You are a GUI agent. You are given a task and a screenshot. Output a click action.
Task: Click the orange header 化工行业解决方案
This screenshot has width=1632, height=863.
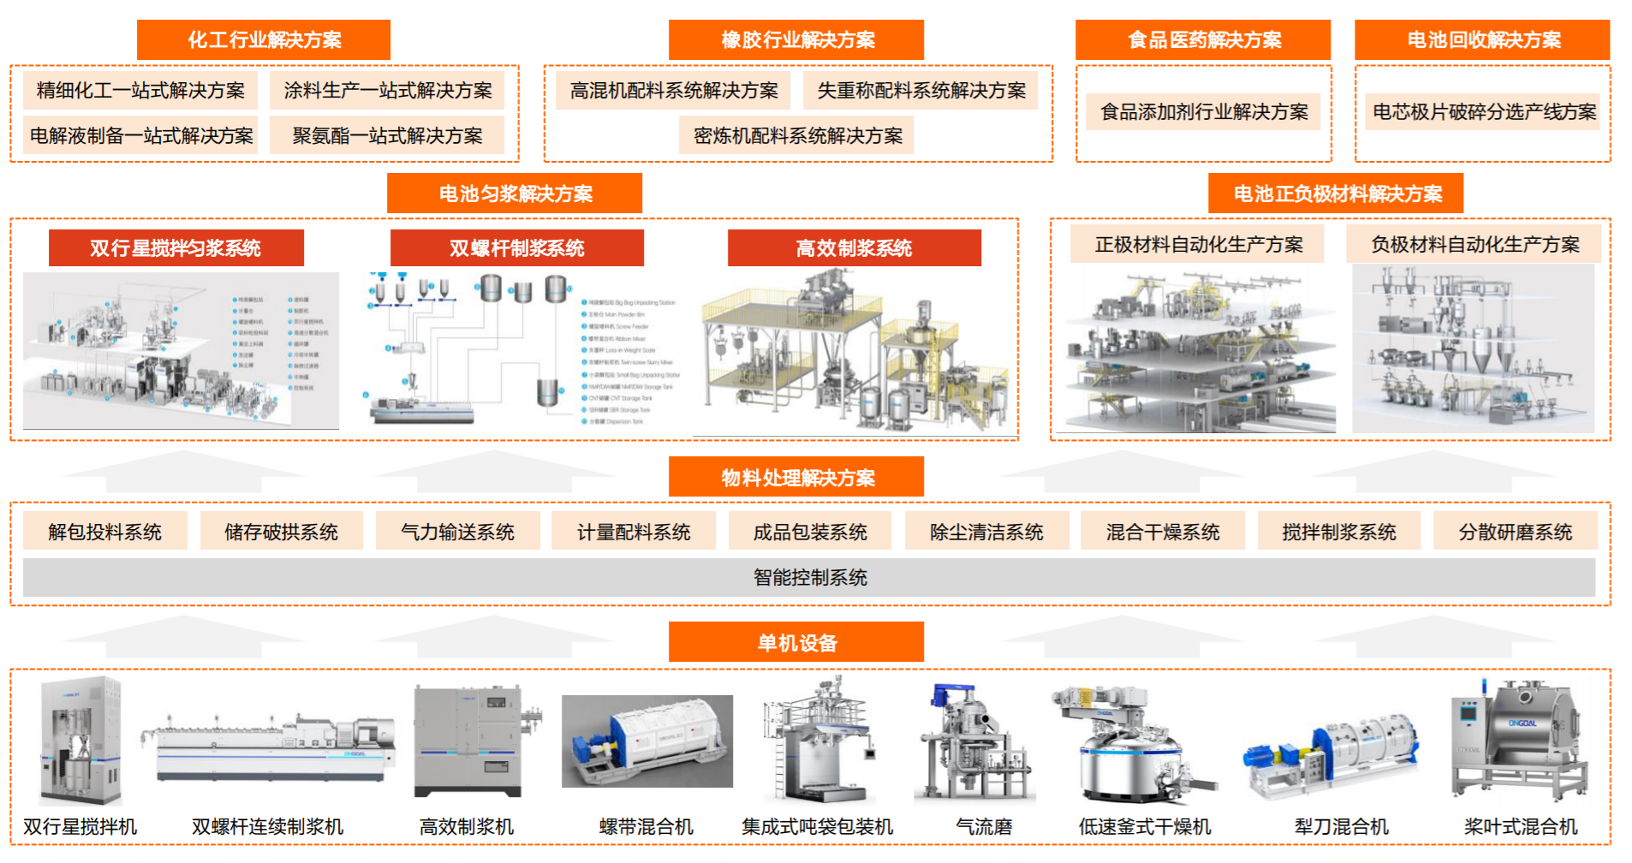pyautogui.click(x=264, y=39)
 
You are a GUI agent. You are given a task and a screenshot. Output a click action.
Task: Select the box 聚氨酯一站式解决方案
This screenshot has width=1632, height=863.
pyautogui.click(x=387, y=135)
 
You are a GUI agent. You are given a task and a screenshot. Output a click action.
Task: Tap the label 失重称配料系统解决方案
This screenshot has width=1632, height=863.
pyautogui.click(x=921, y=90)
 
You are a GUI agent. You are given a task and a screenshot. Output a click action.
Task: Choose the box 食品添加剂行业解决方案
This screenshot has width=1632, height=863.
pyautogui.click(x=1204, y=111)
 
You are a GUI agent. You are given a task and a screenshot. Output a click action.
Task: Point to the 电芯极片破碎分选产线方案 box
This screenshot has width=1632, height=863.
pyautogui.click(x=1483, y=111)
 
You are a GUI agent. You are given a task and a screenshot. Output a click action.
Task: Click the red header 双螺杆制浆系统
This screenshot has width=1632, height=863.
pyautogui.click(x=516, y=248)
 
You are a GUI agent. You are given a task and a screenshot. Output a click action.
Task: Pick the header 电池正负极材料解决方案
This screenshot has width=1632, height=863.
pyautogui.click(x=1337, y=193)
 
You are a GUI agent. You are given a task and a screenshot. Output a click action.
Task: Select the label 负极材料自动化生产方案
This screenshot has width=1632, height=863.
pyautogui.click(x=1474, y=244)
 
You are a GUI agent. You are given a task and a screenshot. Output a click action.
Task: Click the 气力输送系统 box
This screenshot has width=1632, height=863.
pyautogui.click(x=457, y=532)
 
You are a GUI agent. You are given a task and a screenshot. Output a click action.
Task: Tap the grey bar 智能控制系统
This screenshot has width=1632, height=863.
pyautogui.click(x=809, y=577)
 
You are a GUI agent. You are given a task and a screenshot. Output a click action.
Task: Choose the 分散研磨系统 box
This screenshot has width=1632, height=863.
pyautogui.click(x=1515, y=532)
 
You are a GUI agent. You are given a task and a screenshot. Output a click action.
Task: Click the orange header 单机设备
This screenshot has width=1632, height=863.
pyautogui.click(x=796, y=642)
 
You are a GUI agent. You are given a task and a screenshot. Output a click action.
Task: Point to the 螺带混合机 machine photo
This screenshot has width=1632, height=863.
pyautogui.click(x=646, y=741)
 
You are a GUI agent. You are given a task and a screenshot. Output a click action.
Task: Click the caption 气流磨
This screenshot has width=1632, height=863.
pyautogui.click(x=984, y=826)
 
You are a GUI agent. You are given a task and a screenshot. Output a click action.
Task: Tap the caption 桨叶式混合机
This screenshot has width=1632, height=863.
pyautogui.click(x=1520, y=826)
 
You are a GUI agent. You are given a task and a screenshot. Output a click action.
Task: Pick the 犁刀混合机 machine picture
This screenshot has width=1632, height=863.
pyautogui.click(x=1332, y=753)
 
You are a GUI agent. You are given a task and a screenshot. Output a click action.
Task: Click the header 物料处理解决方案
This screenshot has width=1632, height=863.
pyautogui.click(x=796, y=477)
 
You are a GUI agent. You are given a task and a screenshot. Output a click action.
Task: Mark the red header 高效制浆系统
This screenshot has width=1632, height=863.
pyautogui.click(x=854, y=248)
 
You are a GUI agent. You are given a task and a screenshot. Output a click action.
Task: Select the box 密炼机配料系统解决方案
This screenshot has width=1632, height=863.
pyautogui.click(x=797, y=135)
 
